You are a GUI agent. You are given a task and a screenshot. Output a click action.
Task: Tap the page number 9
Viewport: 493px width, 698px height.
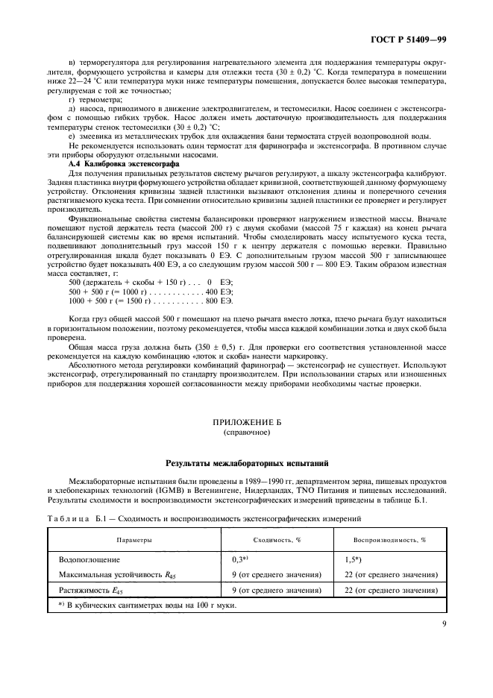tap(444, 616)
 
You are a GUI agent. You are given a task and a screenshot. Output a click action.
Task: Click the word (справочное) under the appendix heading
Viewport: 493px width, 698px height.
tap(245, 432)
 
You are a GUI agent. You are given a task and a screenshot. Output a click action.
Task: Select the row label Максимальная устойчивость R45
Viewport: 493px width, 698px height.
tap(116, 573)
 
